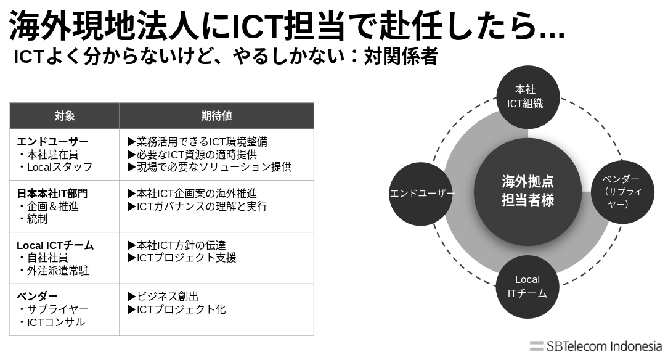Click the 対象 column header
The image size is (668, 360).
coord(65,115)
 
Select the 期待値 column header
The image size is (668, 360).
coord(216,115)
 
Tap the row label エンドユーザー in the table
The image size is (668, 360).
coord(52,142)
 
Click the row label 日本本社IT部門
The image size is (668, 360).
coord(52,194)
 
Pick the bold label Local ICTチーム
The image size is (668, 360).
coord(55,245)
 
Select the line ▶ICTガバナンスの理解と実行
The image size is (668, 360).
coord(197,207)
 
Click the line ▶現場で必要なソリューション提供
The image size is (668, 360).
coord(209,167)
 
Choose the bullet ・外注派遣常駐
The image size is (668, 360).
coord(53,271)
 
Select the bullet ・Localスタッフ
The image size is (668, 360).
coord(55,167)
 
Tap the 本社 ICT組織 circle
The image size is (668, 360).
coord(527,97)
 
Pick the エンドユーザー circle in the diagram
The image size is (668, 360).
coord(422,194)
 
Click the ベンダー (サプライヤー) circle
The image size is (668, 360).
coord(622,191)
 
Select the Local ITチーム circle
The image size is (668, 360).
coord(527,287)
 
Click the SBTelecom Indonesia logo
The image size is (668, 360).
coord(595,346)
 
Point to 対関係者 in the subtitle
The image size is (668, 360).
coord(401,57)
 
